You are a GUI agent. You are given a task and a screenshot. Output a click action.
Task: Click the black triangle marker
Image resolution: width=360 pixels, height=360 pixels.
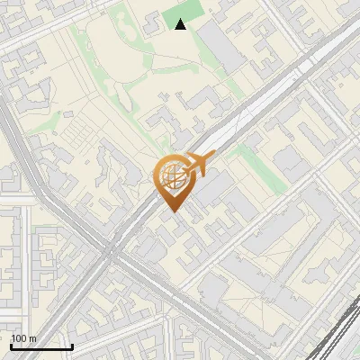click(x=181, y=24)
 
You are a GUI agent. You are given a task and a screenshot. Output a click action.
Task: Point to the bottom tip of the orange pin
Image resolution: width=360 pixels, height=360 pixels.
click(x=171, y=212)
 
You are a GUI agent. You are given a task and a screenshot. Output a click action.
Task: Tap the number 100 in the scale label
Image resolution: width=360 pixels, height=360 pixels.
click(x=19, y=338)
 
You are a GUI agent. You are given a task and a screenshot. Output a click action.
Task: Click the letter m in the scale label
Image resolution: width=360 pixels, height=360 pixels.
click(x=32, y=338)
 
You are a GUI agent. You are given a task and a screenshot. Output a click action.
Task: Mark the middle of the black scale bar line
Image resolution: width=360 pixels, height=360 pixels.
click(x=41, y=346)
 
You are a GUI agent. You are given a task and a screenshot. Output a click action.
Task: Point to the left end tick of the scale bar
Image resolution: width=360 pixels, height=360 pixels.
click(x=11, y=345)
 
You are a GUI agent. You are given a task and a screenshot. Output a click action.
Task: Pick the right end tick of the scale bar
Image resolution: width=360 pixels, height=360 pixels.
click(x=72, y=345)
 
